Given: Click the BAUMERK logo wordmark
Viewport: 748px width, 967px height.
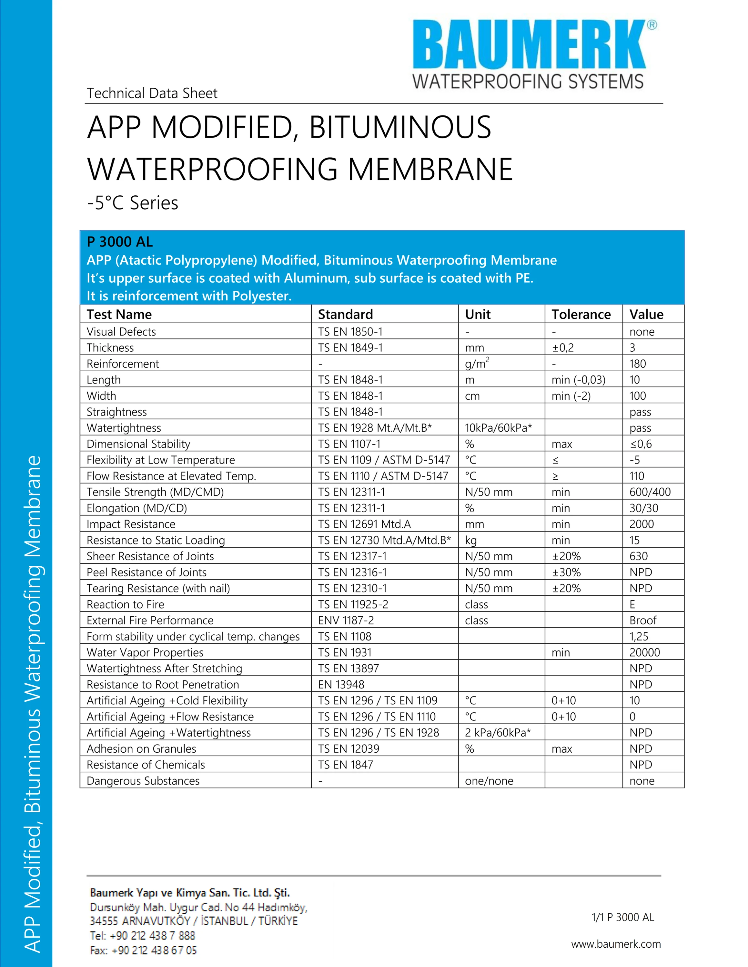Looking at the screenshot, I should click(x=530, y=44).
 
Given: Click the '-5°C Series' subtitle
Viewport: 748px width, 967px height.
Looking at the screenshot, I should click(x=133, y=203).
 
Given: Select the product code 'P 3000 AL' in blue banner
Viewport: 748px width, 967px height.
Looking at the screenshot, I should click(x=120, y=242).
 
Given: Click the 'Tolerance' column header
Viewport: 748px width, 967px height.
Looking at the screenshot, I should click(x=581, y=314).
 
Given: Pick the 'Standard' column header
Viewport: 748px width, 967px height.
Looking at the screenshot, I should click(x=345, y=314).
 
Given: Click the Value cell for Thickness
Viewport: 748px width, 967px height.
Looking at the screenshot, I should click(x=632, y=347).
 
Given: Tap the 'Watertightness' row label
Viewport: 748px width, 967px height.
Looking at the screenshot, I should click(x=124, y=428).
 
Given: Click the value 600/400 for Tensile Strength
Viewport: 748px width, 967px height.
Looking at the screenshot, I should click(x=650, y=492).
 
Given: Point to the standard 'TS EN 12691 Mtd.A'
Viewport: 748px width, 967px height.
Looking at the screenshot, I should click(x=364, y=524).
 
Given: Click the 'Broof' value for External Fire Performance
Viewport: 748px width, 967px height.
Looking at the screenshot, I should click(x=642, y=620).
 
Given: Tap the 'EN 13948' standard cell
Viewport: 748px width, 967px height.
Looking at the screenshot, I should click(x=341, y=685).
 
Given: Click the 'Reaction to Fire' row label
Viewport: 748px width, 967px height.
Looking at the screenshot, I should click(x=126, y=604).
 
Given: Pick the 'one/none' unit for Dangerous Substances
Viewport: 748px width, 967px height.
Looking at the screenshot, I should click(x=489, y=781).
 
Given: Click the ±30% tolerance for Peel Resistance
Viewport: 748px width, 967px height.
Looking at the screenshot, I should click(x=566, y=572).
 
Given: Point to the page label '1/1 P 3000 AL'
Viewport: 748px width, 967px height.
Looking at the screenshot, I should click(x=622, y=917).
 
